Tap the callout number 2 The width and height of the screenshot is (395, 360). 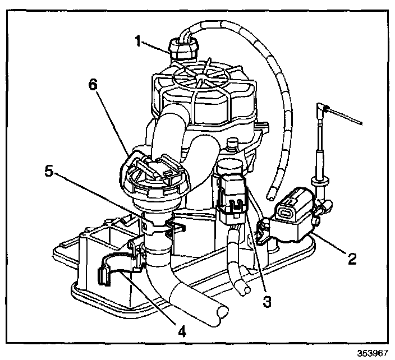click(x=351, y=259)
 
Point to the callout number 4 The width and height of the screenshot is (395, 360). click(x=181, y=330)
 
